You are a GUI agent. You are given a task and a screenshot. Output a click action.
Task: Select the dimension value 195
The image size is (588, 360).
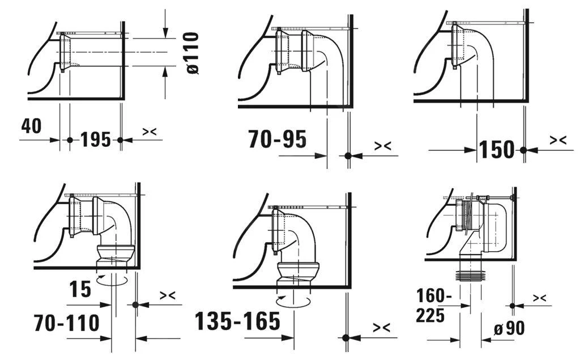95,139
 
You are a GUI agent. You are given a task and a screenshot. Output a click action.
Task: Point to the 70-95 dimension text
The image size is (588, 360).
277,138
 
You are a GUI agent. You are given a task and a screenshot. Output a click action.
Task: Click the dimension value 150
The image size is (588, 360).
497,150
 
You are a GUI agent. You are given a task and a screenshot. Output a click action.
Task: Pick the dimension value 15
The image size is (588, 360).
81,290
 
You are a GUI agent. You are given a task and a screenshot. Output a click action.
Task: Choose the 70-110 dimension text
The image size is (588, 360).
66,324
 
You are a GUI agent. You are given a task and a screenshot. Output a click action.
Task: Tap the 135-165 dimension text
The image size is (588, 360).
237,321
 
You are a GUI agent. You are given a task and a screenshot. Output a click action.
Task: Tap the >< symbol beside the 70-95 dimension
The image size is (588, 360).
382,146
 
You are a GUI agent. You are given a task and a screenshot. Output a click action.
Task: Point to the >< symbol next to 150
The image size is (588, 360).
558,140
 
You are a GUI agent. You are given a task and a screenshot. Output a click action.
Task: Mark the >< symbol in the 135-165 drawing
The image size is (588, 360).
381,328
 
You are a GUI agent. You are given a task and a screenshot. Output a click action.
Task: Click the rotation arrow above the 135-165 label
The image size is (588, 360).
293,300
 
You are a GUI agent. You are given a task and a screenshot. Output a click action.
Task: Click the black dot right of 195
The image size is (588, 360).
120,139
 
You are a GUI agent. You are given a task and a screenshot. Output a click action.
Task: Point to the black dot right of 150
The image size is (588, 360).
523,150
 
